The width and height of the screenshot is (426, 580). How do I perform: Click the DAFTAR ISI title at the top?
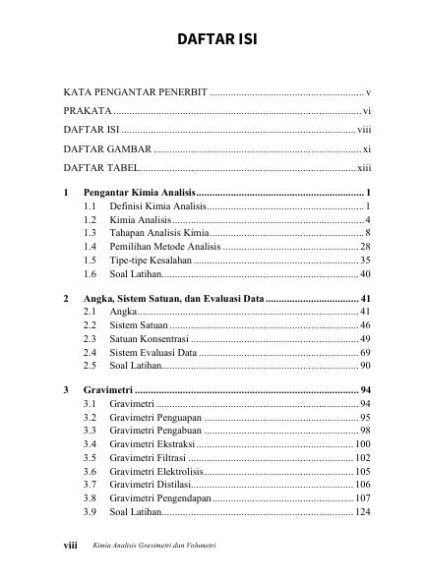(x=213, y=40)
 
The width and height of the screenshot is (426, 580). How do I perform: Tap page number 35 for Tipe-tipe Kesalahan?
(x=364, y=260)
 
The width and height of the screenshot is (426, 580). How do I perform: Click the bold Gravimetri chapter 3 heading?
(x=109, y=390)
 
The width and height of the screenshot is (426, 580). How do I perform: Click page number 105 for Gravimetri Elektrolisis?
(x=362, y=472)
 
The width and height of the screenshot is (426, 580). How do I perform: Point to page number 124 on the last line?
(x=362, y=512)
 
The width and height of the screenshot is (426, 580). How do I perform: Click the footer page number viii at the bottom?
(x=70, y=546)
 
